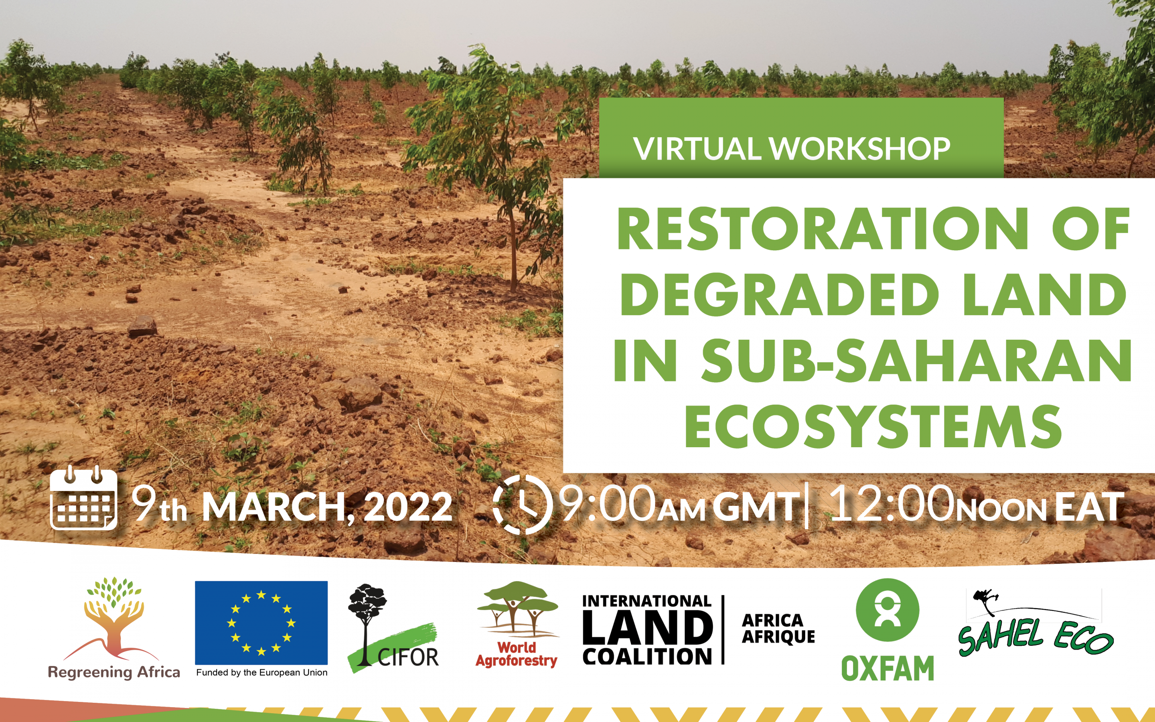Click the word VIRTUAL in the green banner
pyautogui.click(x=697, y=148)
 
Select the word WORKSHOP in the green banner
pyautogui.click(x=859, y=148)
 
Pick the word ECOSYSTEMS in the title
pyautogui.click(x=873, y=426)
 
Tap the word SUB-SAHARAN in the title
pyautogui.click(x=916, y=361)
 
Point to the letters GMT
pyautogui.click(x=756, y=507)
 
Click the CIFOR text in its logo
pyautogui.click(x=408, y=657)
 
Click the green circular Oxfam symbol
pyautogui.click(x=887, y=610)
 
